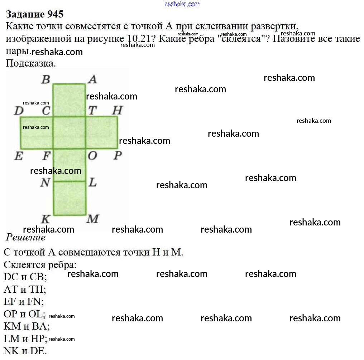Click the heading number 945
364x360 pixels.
coord(55,14)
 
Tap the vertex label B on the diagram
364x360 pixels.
coord(45,79)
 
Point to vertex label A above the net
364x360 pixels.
coord(92,79)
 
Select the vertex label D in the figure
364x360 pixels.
coord(18,111)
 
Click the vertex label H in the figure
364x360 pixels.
coord(117,111)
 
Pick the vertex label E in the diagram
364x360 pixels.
coord(19,156)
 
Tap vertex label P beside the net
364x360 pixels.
coord(118,156)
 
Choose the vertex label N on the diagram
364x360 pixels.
coord(45,183)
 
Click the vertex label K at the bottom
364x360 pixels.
coord(45,219)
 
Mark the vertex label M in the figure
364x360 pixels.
coord(93,219)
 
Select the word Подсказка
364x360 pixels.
coord(31,64)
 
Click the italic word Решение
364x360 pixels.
coord(26,237)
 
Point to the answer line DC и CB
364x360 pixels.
coord(25,277)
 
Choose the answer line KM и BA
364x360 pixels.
coord(27,326)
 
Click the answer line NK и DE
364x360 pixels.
coord(25,351)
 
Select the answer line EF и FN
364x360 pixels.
coord(24,301)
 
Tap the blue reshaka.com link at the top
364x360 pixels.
coord(182,4)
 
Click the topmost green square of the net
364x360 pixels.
coord(69,100)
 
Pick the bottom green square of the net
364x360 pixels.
coord(70,198)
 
